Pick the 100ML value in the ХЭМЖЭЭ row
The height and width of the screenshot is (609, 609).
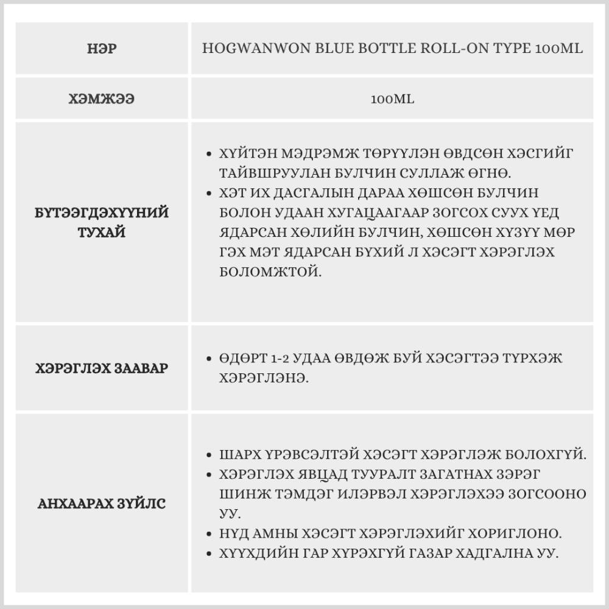point(392,99)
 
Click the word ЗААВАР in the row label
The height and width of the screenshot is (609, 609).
point(139,368)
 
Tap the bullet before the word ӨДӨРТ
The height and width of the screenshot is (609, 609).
point(209,359)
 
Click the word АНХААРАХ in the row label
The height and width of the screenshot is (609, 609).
point(76,504)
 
